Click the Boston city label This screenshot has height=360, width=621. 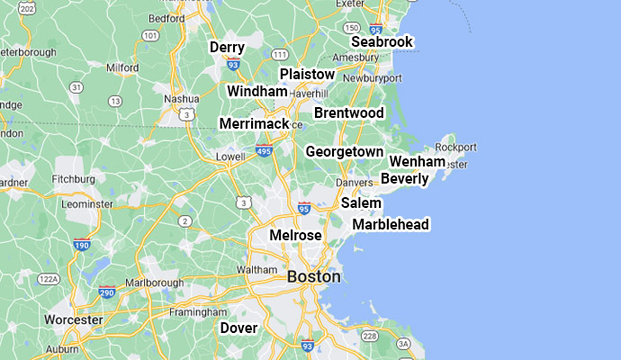pos(313,277)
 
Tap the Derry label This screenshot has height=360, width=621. pos(227,47)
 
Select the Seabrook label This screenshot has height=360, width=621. pos(382,42)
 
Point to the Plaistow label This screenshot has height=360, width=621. pos(307,74)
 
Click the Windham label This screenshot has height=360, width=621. pos(256,92)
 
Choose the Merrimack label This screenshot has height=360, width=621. pos(254,123)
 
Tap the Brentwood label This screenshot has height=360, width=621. pos(348,112)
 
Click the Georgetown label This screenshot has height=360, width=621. pos(344,152)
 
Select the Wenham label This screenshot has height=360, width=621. pos(417,161)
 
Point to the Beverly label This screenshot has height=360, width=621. pos(404,179)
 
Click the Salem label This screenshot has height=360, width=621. pos(361,203)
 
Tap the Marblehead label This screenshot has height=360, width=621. pos(391,224)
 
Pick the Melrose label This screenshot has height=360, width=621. pos(295,235)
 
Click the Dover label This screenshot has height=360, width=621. pos(238,328)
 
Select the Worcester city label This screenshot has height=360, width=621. pos(73,319)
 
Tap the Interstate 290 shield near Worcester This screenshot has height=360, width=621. pos(107,292)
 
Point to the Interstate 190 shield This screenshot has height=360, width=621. pos(82,244)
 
